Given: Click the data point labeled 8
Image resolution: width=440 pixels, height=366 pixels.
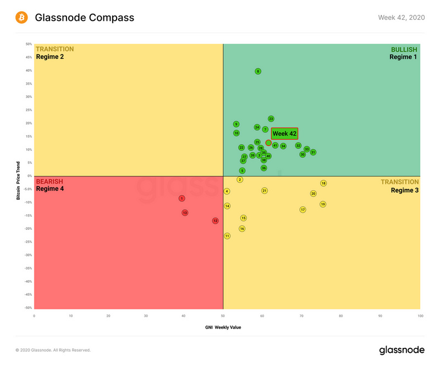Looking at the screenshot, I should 257,71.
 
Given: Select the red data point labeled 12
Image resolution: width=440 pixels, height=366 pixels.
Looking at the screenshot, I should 215,220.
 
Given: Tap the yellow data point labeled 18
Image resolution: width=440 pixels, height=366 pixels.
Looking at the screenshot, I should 323,183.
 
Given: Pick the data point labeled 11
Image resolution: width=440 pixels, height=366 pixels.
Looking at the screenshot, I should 227,236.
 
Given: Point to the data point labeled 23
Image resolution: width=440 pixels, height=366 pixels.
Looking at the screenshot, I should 271,119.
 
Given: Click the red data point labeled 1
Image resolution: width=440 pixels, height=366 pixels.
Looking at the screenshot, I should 182,198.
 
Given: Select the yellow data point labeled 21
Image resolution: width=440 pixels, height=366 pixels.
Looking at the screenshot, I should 264,191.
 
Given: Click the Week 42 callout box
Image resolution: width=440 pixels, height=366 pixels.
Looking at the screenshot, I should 284,134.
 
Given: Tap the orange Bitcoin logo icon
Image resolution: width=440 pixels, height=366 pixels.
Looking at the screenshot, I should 22,18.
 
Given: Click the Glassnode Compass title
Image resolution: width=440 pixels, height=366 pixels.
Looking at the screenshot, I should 84,18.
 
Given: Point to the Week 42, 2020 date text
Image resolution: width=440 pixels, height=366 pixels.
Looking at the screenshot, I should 401,18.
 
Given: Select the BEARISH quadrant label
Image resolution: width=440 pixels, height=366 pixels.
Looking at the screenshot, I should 50,181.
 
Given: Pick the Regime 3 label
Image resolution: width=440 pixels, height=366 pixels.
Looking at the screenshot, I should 404,190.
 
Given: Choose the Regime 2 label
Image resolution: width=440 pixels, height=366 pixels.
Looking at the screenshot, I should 50,57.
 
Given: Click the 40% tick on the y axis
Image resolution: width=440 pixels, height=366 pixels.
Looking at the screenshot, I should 28,70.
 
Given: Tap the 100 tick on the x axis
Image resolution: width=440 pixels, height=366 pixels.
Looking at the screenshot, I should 420,316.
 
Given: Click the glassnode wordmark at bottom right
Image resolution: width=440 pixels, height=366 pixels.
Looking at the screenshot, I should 401,350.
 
